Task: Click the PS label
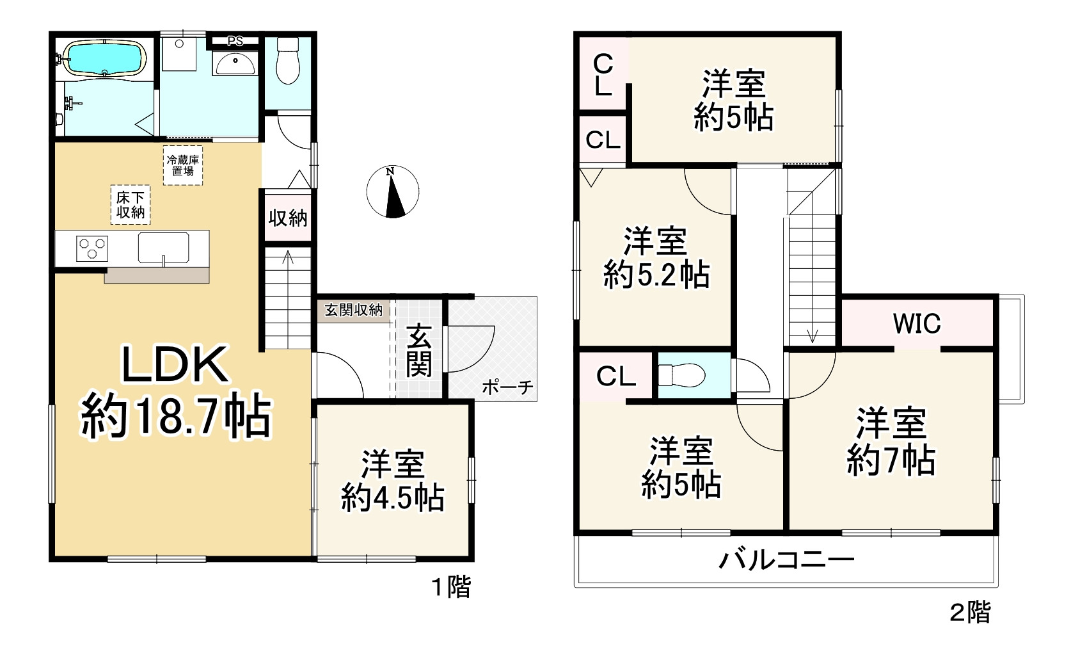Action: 235,42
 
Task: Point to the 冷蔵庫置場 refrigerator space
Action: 183,165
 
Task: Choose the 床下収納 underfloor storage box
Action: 131,205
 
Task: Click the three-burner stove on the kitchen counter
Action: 92,248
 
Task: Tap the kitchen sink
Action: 164,248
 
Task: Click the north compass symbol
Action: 393,191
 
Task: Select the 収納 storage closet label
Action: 288,218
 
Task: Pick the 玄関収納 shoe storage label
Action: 353,310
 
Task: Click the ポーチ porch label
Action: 507,387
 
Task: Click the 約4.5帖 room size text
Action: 393,497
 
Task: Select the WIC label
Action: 917,324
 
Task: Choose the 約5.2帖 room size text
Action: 656,275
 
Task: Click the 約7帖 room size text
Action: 891,460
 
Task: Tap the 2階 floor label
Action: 970,613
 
